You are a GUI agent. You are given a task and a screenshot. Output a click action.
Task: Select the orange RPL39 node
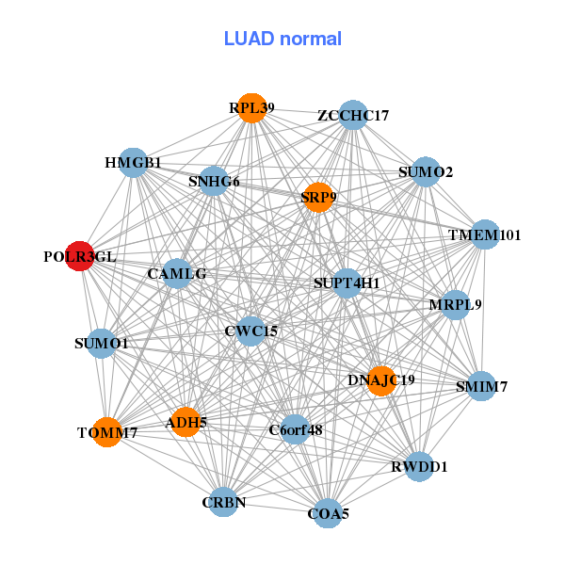click(x=250, y=108)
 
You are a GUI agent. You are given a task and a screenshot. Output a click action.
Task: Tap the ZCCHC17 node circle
click(x=352, y=115)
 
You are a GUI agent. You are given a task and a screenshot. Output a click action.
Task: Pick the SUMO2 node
click(x=426, y=171)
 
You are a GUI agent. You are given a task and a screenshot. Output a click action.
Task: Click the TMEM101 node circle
click(x=484, y=234)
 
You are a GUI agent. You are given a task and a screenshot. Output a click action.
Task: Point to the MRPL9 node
click(x=456, y=305)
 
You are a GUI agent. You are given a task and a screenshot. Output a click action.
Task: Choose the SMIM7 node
click(x=481, y=386)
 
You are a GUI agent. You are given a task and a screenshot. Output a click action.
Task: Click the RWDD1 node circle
click(x=420, y=466)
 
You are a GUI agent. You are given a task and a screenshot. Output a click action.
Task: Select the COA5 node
click(x=328, y=513)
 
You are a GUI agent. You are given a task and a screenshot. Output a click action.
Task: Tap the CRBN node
click(x=224, y=502)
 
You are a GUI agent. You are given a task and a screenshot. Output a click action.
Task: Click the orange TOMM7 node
click(x=107, y=432)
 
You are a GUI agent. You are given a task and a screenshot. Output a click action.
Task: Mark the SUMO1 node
click(x=102, y=343)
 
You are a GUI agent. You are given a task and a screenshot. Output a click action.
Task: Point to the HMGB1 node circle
click(x=133, y=163)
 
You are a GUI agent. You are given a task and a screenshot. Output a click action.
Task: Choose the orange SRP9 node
click(x=318, y=197)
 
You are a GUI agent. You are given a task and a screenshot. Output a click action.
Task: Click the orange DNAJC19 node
click(x=380, y=380)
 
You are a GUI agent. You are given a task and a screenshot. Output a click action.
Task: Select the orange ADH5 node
click(x=186, y=423)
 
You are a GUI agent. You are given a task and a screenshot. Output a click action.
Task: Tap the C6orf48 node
click(x=295, y=429)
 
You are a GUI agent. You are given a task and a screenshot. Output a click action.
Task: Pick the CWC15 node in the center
click(x=250, y=331)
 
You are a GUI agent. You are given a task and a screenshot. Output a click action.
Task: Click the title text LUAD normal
click(x=282, y=39)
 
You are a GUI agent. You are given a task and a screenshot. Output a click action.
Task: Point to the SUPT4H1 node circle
click(x=347, y=282)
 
